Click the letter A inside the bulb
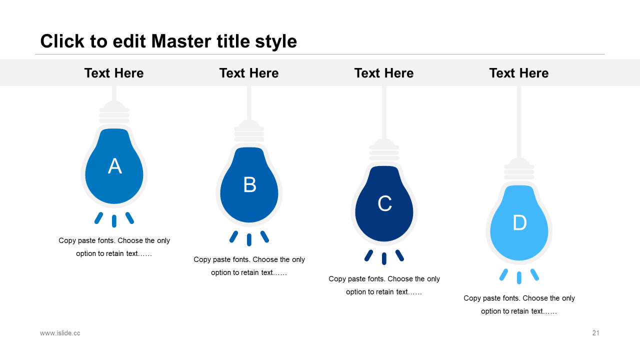pyautogui.click(x=114, y=166)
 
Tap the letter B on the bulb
pyautogui.click(x=249, y=184)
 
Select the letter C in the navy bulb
pyautogui.click(x=384, y=203)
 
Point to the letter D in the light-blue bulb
pyautogui.click(x=519, y=222)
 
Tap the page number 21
pyautogui.click(x=595, y=333)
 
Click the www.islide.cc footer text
pyautogui.click(x=60, y=333)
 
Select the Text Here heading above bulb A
pyautogui.click(x=114, y=73)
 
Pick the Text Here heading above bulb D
pyautogui.click(x=519, y=73)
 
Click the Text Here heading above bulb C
pyautogui.click(x=384, y=73)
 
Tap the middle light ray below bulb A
pyautogui.click(x=114, y=221)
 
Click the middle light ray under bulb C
pyautogui.click(x=384, y=259)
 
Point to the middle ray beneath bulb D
pyautogui.click(x=519, y=278)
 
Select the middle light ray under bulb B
pyautogui.click(x=249, y=239)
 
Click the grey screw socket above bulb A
pyautogui.click(x=114, y=113)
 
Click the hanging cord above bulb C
pyautogui.click(x=384, y=112)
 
